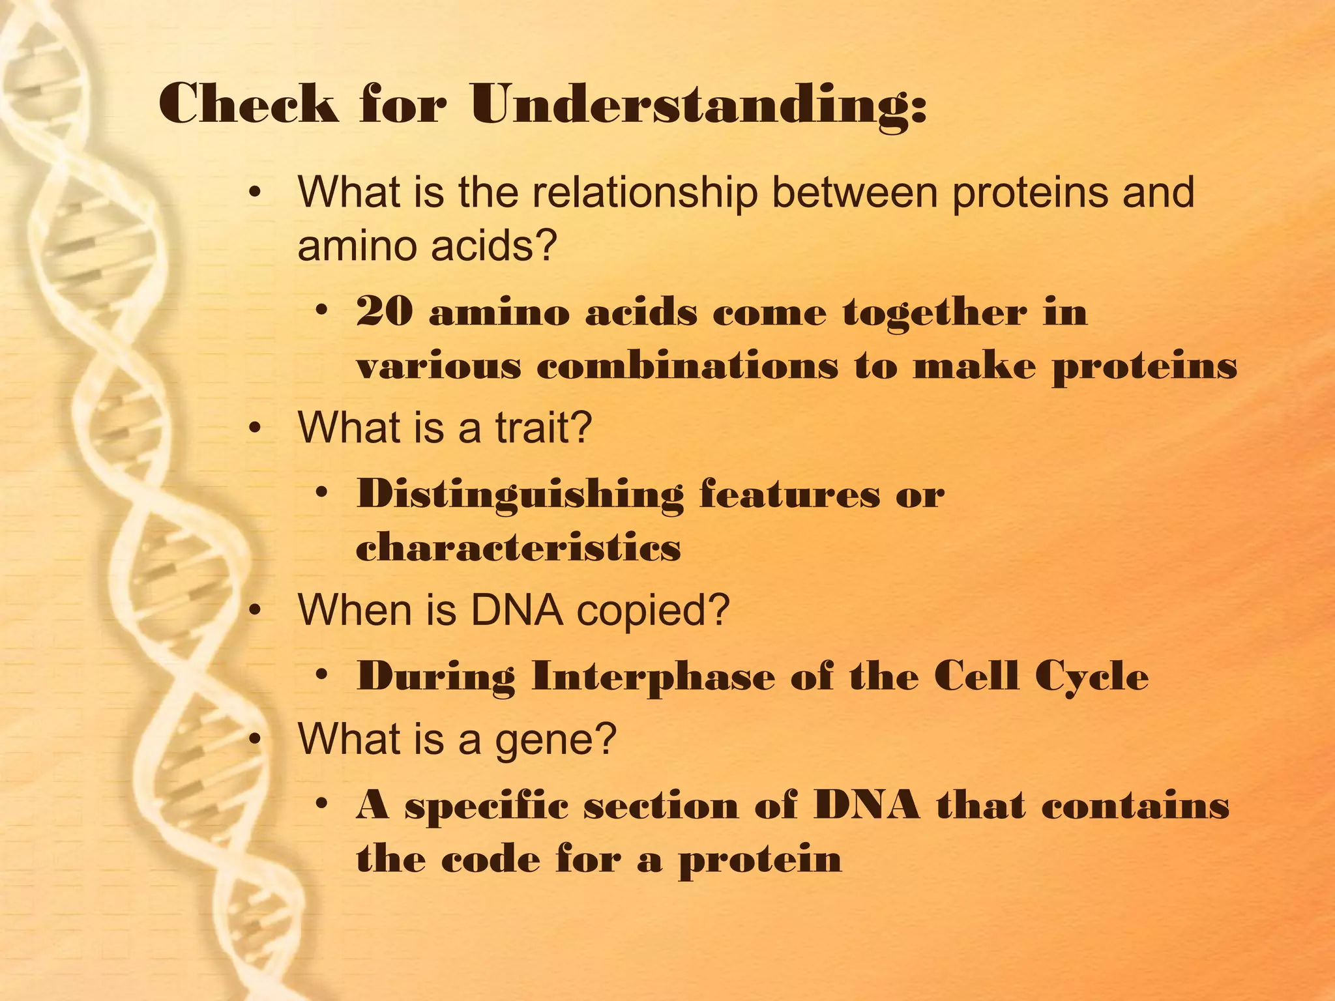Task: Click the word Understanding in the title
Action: pos(697,104)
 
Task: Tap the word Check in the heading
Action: pos(248,104)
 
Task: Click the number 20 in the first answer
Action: pos(385,312)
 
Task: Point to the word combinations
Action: pos(687,366)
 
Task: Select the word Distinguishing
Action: pos(520,495)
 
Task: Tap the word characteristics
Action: pos(518,547)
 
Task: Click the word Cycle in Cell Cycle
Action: pos(1092,677)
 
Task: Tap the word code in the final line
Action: pos(490,859)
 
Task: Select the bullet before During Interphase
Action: pos(321,676)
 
